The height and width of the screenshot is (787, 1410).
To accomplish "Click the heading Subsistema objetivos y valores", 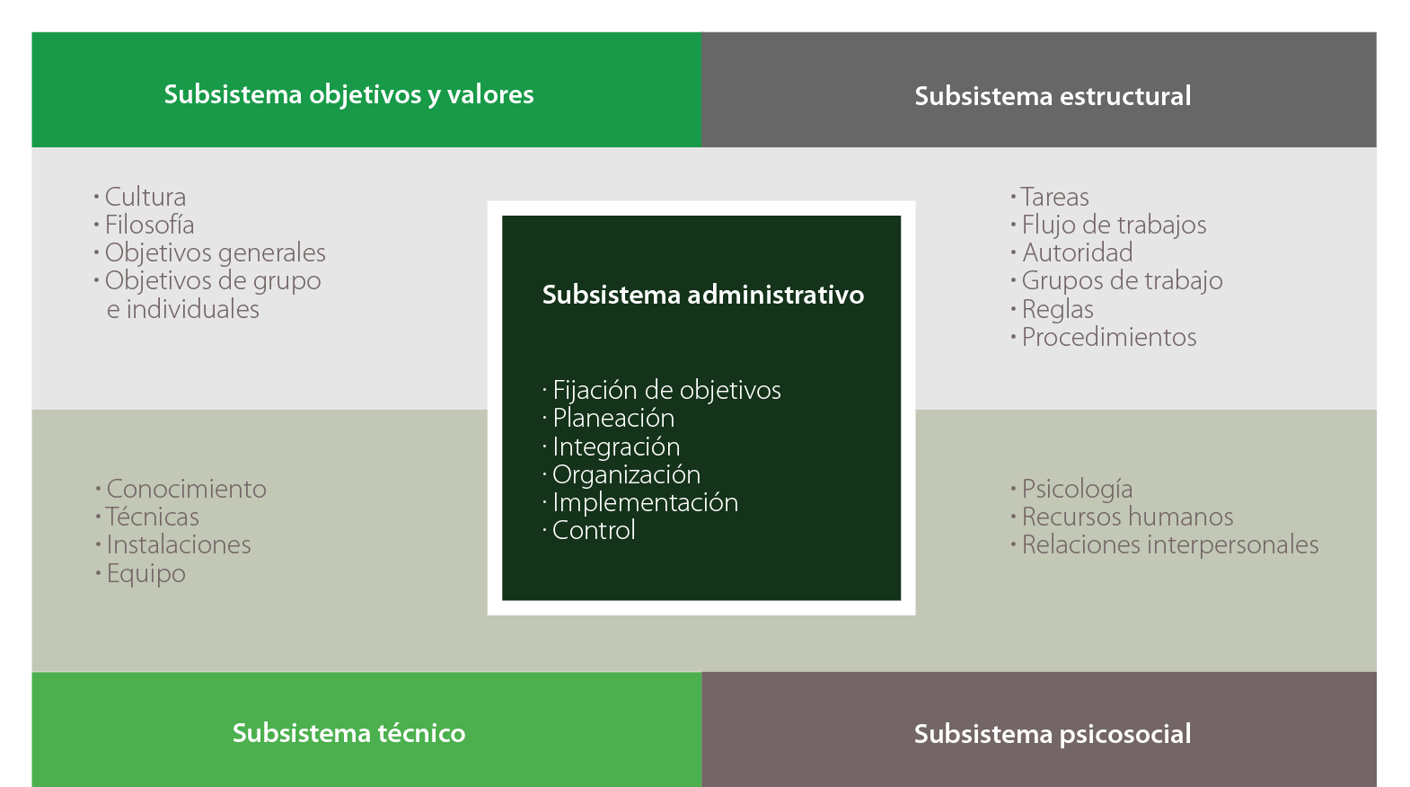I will coord(348,94).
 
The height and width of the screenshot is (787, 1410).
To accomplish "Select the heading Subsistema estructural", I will coord(1053,96).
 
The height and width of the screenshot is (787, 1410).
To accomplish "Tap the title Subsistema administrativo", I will coord(703,295).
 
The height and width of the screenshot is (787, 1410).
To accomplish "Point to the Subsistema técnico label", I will coord(348,733).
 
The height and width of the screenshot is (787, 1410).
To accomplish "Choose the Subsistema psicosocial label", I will coord(1053,734).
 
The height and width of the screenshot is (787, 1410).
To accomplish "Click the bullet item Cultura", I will coord(145,197).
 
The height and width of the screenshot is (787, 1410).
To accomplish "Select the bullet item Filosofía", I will coord(149,225).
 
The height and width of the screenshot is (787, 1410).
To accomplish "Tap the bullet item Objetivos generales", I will coord(215,252).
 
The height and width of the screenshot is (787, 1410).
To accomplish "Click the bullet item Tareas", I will coord(1054,197).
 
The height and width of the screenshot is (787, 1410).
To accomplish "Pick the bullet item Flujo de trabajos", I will coord(1114,225).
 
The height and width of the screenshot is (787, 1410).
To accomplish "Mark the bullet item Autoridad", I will coord(1077,252).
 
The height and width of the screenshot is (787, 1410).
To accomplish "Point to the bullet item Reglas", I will coord(1057,309).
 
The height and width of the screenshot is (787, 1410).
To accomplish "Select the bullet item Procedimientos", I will coord(1109,337).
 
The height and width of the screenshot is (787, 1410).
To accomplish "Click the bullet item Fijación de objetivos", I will coord(666,390).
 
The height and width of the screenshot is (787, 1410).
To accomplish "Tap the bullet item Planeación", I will coord(613,418).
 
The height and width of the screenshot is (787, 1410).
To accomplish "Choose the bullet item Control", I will coord(594,530).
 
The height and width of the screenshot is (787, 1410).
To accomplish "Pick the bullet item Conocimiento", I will coord(186,489).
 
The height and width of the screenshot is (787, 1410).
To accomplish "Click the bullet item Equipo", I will coord(145,573).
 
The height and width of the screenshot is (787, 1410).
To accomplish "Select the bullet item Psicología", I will coord(1077,489).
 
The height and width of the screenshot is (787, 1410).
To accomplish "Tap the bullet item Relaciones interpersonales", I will coord(1169,544).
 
